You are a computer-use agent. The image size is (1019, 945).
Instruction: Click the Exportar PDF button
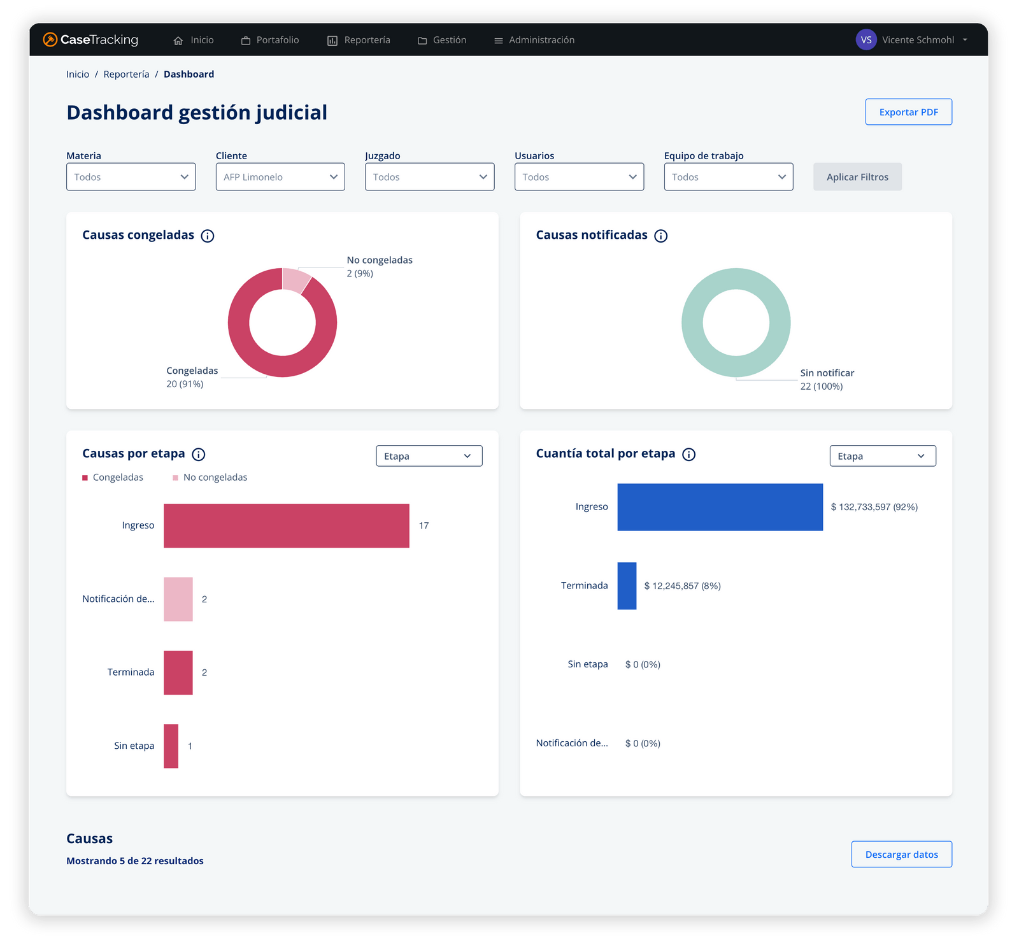[908, 112]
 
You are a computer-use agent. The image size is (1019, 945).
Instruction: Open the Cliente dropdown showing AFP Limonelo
[280, 177]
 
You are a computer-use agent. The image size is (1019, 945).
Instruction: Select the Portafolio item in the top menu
[270, 40]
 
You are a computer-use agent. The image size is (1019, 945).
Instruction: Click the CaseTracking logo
[90, 39]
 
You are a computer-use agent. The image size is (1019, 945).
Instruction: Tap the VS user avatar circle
[866, 39]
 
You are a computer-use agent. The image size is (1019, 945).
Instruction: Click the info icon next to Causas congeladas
[208, 236]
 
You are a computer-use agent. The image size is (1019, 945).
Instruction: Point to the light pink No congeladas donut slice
[295, 280]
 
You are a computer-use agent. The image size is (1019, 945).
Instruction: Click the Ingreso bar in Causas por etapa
[286, 525]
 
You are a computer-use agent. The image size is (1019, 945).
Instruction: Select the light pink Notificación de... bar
[178, 599]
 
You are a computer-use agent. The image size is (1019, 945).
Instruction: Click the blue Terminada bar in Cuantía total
[627, 586]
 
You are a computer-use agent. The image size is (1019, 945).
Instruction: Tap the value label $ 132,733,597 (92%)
[874, 507]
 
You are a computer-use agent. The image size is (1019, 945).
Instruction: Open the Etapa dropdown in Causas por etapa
[429, 456]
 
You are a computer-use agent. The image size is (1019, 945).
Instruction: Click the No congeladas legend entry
[210, 478]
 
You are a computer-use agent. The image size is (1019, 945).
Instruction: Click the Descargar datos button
[901, 855]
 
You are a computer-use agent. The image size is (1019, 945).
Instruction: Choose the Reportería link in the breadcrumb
[126, 75]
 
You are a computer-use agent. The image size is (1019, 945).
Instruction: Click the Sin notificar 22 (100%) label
[826, 380]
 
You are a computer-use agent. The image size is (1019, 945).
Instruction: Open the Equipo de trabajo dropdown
[728, 177]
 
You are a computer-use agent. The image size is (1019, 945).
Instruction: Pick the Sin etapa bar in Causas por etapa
[171, 746]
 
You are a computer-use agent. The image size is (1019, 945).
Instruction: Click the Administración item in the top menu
[534, 40]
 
